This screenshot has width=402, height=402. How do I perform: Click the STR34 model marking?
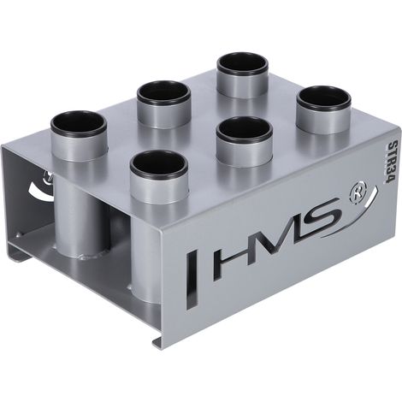pos(389,163)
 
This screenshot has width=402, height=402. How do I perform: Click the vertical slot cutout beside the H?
pos(192,281)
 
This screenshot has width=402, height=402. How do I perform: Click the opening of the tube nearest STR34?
pos(323,102)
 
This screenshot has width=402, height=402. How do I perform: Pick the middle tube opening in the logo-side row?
pos(245,131)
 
